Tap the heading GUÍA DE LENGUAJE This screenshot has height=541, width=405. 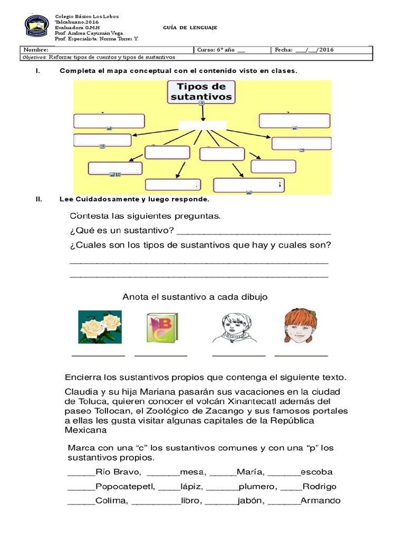pos(190,27)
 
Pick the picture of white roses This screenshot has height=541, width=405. pos(100,327)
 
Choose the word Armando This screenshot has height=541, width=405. pos(320,501)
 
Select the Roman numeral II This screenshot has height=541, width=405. pos(38,200)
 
